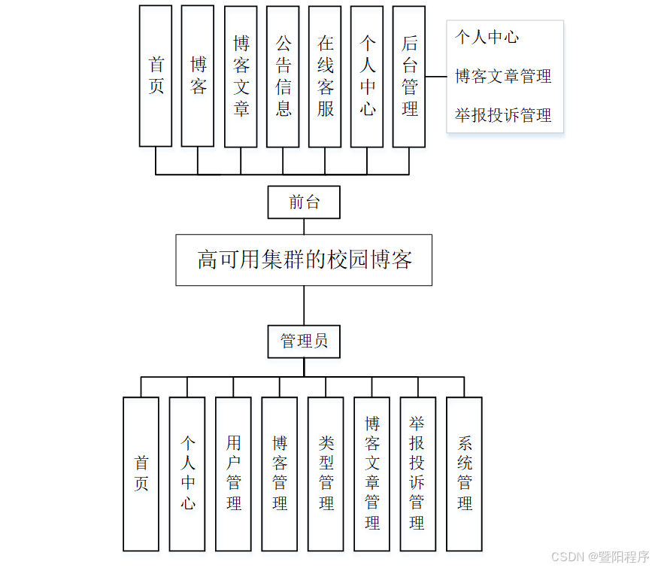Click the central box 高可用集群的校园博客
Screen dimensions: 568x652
click(304, 260)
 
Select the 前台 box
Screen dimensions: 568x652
click(304, 202)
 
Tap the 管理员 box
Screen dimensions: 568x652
click(304, 341)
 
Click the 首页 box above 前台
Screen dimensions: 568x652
click(156, 76)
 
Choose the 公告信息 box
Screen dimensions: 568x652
click(283, 76)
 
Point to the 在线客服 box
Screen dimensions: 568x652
click(325, 76)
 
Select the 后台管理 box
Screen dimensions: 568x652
click(409, 76)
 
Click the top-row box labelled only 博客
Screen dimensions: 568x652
click(198, 76)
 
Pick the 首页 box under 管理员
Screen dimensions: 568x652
click(141, 474)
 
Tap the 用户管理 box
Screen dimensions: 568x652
click(233, 474)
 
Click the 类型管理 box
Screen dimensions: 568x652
click(326, 474)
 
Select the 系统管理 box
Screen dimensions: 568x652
click(464, 474)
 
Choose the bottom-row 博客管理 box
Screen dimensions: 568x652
click(280, 474)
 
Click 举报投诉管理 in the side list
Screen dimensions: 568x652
click(503, 115)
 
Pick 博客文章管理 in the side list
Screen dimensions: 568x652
click(503, 76)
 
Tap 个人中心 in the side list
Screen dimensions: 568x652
click(487, 37)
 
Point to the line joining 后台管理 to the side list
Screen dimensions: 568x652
click(436, 76)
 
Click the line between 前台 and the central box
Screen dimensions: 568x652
click(304, 226)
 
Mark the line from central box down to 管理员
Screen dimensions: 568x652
click(304, 305)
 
